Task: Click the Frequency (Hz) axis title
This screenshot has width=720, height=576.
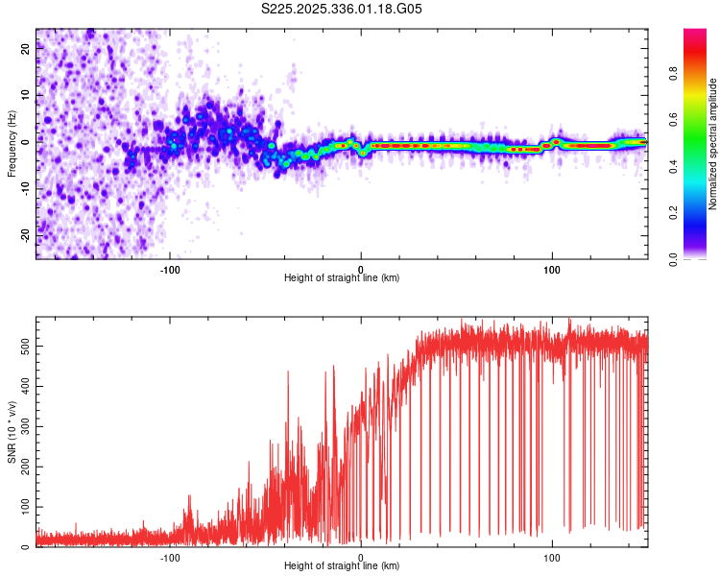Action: tap(12, 144)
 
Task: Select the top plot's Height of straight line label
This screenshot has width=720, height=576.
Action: tap(342, 277)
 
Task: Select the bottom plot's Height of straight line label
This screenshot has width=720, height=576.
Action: tap(342, 565)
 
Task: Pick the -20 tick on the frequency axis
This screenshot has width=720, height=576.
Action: tap(24, 235)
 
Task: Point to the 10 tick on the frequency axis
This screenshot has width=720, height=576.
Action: tap(26, 97)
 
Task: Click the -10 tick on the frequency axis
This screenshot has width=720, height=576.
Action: tap(24, 189)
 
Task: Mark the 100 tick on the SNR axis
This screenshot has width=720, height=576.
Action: tap(21, 506)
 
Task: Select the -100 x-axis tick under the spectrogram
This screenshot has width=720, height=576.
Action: tap(170, 269)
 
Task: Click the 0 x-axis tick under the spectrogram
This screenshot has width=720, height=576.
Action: tap(361, 269)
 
